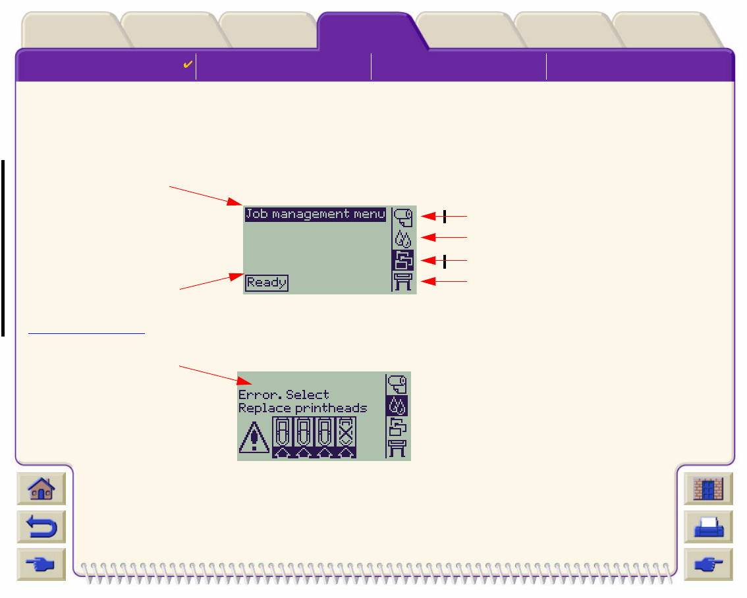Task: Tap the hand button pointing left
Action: [41, 564]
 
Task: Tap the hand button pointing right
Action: [708, 564]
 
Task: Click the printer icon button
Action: [708, 527]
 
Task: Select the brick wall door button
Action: [708, 489]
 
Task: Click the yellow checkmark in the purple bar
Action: [187, 65]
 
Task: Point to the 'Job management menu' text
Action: [315, 214]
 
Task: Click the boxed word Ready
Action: [267, 283]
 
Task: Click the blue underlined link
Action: [86, 333]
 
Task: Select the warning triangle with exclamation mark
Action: [254, 438]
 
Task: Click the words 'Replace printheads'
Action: [302, 408]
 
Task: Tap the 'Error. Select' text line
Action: [283, 394]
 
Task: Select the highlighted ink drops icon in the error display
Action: [398, 406]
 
